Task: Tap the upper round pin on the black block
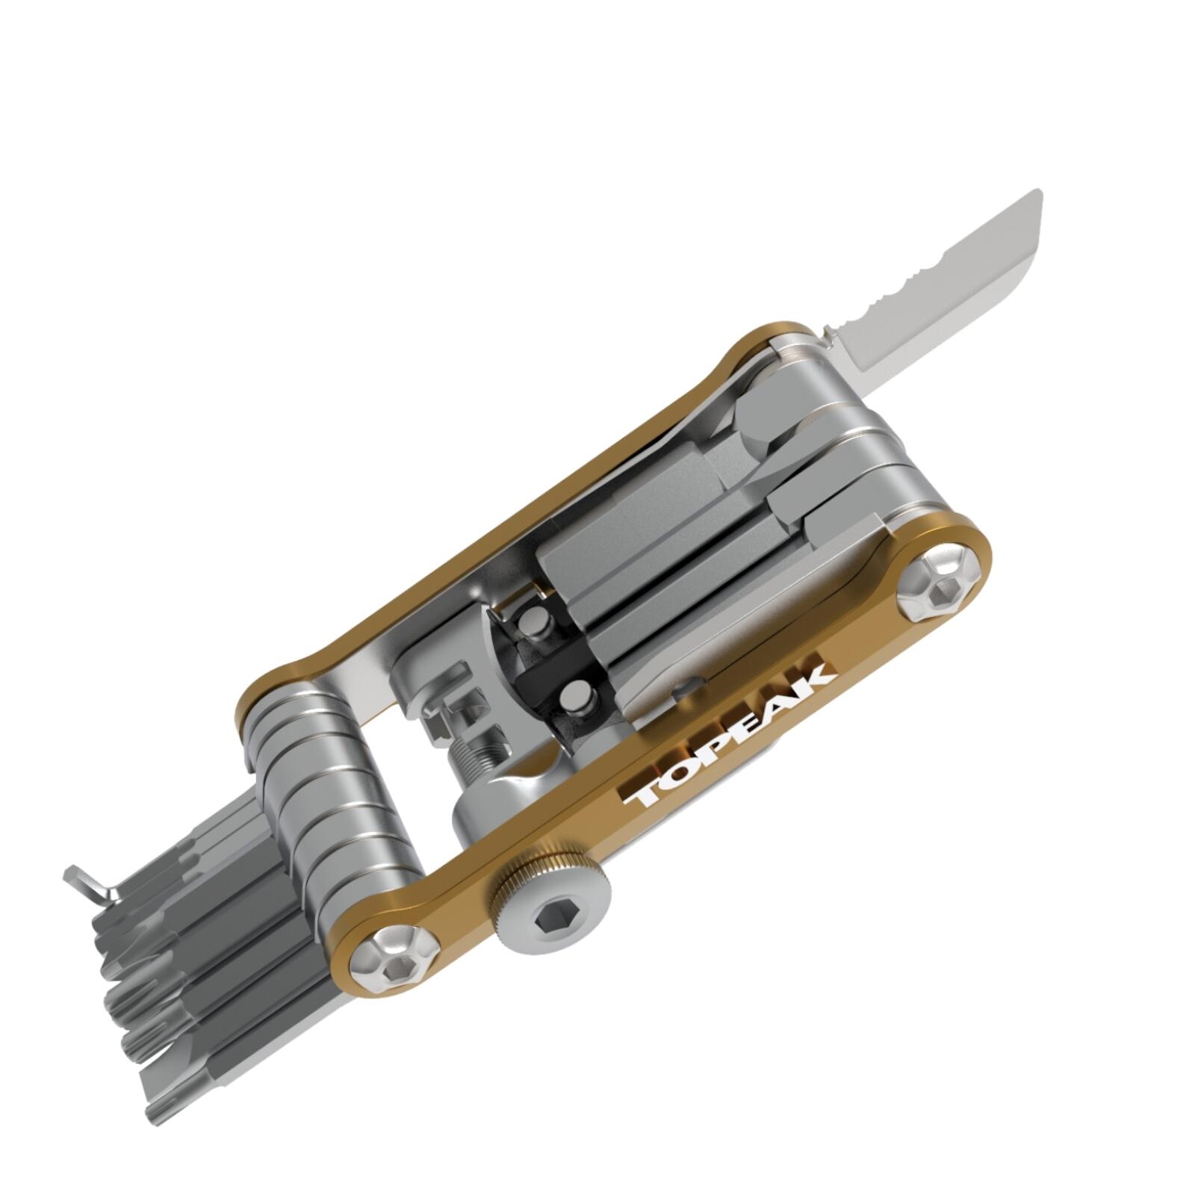(533, 621)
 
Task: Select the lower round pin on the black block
(580, 700)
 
